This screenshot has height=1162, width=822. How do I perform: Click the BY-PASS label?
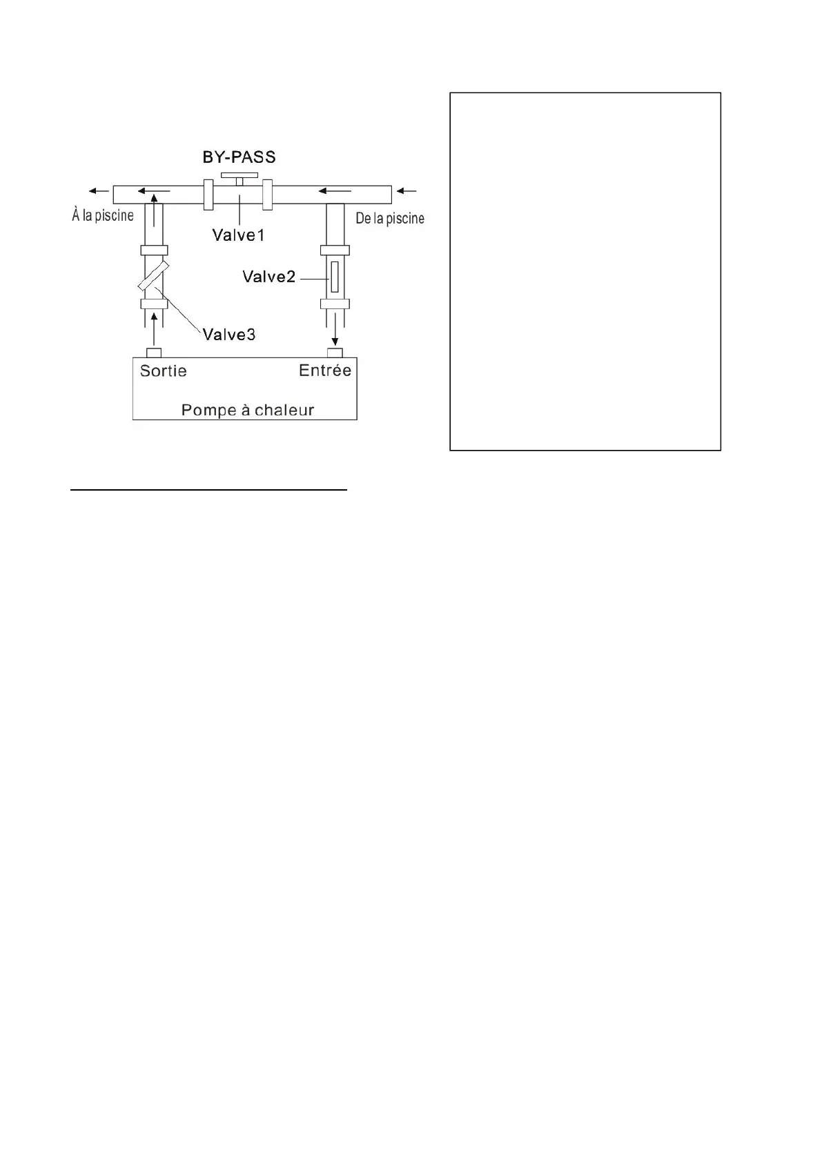click(x=239, y=157)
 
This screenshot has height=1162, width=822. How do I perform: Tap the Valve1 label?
click(x=238, y=235)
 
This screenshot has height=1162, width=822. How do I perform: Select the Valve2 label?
click(x=268, y=277)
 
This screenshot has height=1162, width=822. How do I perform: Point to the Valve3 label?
click(x=228, y=335)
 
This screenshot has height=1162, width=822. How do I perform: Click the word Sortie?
click(x=163, y=371)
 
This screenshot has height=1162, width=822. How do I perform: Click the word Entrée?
click(x=325, y=371)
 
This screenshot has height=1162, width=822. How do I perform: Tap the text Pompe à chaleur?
click(x=247, y=410)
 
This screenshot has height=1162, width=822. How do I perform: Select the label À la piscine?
click(x=103, y=215)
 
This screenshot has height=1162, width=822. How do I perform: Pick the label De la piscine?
click(x=390, y=219)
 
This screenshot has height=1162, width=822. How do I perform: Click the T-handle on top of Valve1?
click(x=239, y=177)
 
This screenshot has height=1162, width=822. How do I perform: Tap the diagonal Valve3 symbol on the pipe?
click(x=153, y=276)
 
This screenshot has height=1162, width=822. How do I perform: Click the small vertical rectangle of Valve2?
click(x=335, y=277)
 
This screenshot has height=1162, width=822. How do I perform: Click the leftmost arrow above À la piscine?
click(x=97, y=191)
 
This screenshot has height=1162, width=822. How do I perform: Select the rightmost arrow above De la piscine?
click(x=408, y=191)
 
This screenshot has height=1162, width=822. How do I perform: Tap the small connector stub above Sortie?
click(x=154, y=353)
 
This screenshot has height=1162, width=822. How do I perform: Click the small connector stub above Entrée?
click(x=335, y=353)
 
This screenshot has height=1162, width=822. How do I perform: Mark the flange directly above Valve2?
click(x=335, y=250)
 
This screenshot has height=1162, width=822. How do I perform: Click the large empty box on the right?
click(x=585, y=271)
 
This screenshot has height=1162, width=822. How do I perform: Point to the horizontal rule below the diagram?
click(x=209, y=490)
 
